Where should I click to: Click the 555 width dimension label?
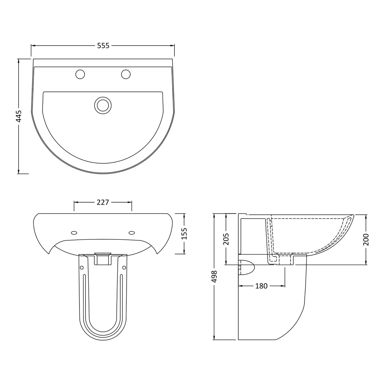[x=103, y=46]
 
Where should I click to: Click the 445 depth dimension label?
[x=19, y=116]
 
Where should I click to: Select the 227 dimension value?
[x=103, y=202]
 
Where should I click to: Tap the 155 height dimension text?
[x=185, y=234]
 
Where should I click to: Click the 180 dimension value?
[x=261, y=286]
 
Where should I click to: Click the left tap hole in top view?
[x=80, y=74]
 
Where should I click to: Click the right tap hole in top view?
[x=126, y=74]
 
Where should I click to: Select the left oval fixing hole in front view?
[x=74, y=233]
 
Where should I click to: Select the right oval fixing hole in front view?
[x=132, y=233]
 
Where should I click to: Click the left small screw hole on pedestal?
[x=82, y=268]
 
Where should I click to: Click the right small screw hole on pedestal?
[x=124, y=268]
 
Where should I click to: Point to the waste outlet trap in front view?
[x=103, y=258]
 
